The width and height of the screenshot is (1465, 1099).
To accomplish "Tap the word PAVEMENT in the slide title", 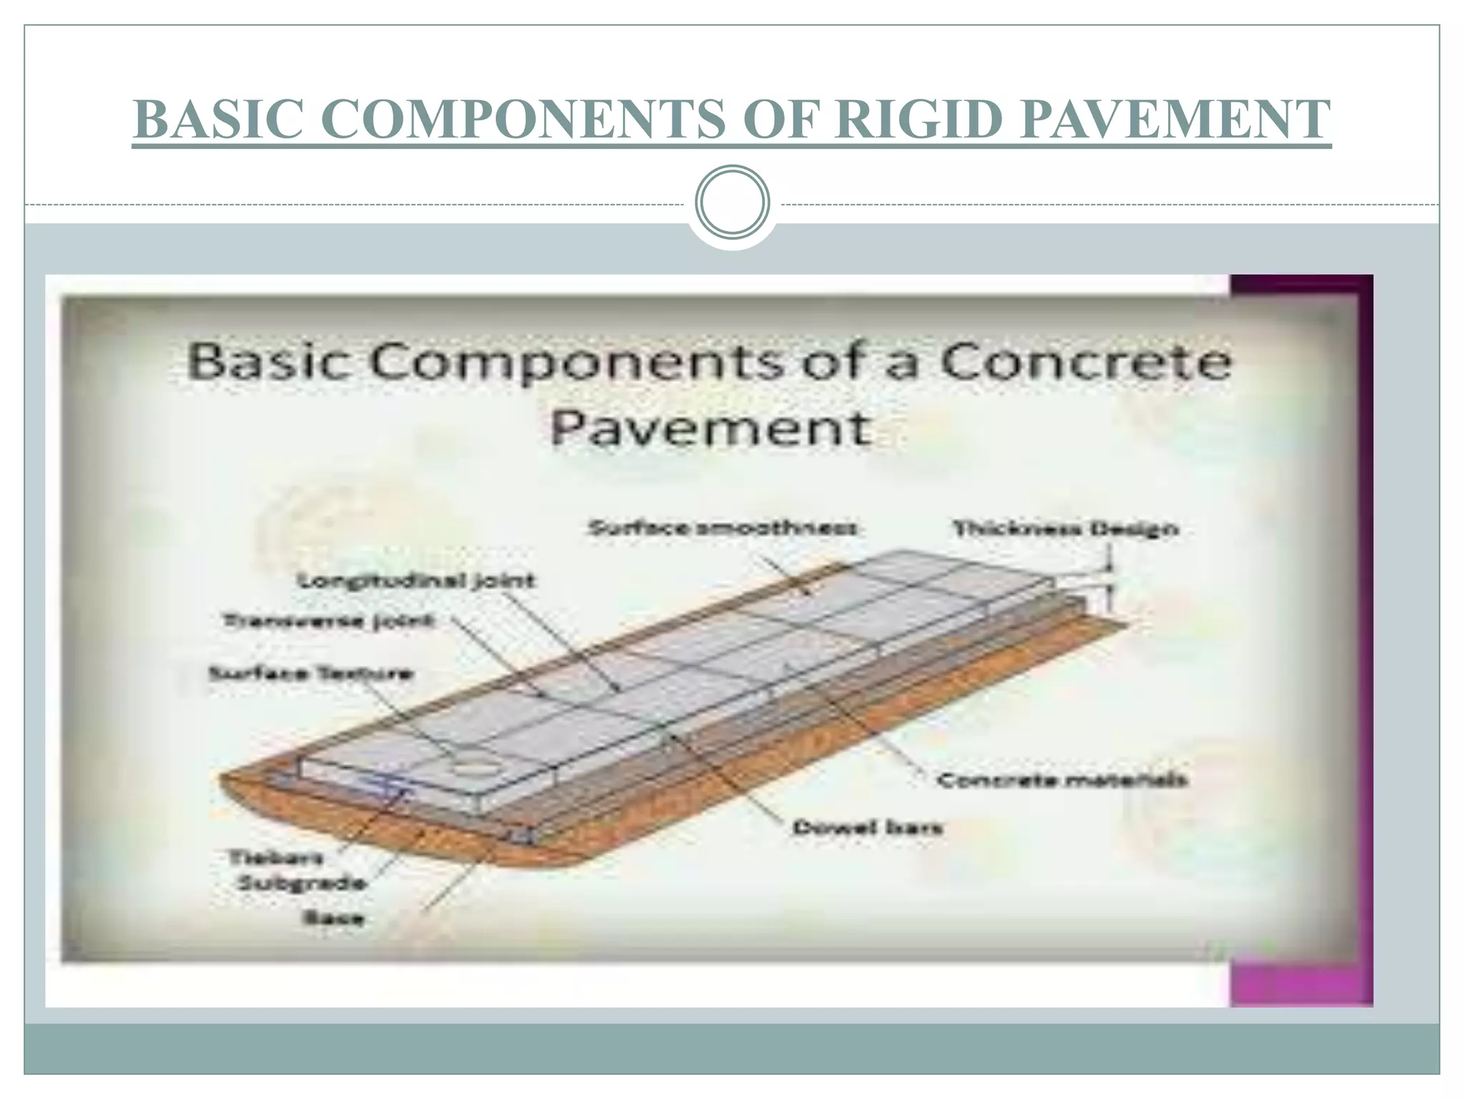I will pyautogui.click(x=1176, y=119).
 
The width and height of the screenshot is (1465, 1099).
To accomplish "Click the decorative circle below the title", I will pyautogui.click(x=732, y=202).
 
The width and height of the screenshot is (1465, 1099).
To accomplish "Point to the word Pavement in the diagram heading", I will pyautogui.click(x=711, y=428).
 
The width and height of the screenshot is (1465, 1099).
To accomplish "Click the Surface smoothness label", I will pyautogui.click(x=722, y=529).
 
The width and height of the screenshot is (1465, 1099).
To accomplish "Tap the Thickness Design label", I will pyautogui.click(x=1065, y=529).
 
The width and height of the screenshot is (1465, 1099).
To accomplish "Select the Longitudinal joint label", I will pyautogui.click(x=416, y=580).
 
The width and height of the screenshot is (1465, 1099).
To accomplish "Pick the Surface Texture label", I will pyautogui.click(x=310, y=674).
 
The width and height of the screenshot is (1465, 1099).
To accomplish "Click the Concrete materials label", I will pyautogui.click(x=1062, y=780).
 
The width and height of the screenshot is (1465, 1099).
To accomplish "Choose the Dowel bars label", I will pyautogui.click(x=867, y=828).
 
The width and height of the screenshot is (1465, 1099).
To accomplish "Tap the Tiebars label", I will pyautogui.click(x=275, y=857).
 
